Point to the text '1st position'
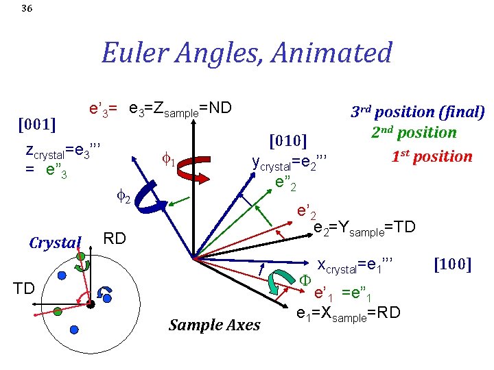[432, 156]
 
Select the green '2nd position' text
[414, 133]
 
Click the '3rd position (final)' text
[418, 112]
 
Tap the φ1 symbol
[169, 162]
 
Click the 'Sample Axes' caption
[215, 325]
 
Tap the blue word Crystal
[55, 243]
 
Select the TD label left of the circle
[25, 288]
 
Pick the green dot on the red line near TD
[58, 310]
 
